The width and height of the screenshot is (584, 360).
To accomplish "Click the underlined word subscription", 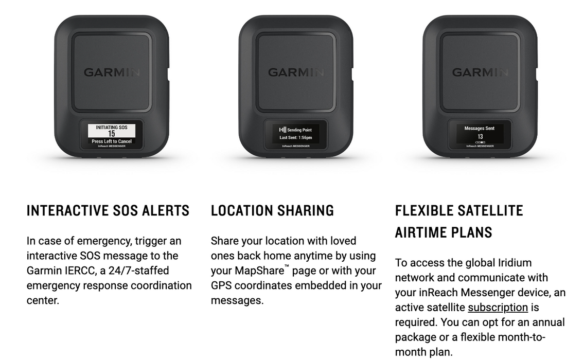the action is [x=498, y=308].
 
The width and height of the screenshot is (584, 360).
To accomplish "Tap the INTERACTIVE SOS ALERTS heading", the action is [x=108, y=211].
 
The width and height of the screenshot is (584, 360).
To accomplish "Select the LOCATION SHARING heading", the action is [x=272, y=211].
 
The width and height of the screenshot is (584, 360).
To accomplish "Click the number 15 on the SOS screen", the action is [x=112, y=134].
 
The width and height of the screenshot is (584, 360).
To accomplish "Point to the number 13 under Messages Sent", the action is [x=480, y=137].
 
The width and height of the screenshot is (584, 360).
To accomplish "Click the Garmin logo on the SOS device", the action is [x=112, y=72].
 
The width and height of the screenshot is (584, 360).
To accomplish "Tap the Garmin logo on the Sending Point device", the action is [x=296, y=72].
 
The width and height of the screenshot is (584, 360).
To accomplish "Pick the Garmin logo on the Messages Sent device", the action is [x=480, y=72].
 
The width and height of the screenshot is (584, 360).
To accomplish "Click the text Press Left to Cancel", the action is [x=112, y=141].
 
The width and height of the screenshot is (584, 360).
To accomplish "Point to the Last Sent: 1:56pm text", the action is [x=296, y=138].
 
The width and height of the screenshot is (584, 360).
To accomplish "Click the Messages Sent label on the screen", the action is [x=480, y=129].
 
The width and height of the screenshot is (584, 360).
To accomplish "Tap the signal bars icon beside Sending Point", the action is [x=282, y=130].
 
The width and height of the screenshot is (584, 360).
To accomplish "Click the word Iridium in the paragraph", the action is [x=515, y=263].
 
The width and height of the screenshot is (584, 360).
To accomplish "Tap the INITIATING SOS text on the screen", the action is [x=112, y=128].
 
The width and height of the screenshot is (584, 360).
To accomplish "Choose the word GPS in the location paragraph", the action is [x=221, y=285].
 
